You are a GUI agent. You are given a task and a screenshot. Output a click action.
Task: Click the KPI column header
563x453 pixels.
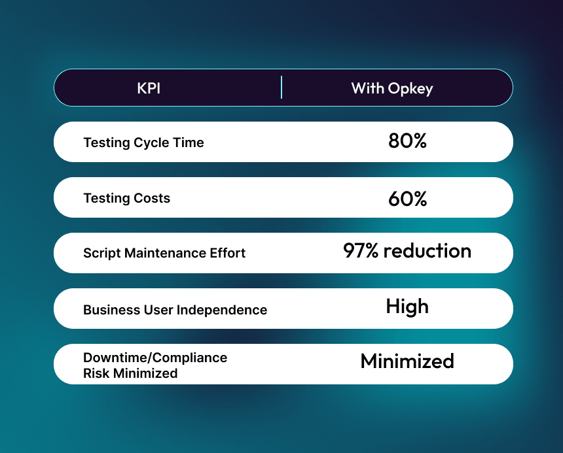pyautogui.click(x=149, y=88)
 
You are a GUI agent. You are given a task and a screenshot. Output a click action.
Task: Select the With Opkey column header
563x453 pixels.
pyautogui.click(x=392, y=88)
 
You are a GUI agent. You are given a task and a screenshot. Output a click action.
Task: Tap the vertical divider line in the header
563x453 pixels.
pyautogui.click(x=281, y=87)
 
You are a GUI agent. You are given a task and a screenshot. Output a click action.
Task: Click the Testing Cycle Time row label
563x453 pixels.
pyautogui.click(x=143, y=143)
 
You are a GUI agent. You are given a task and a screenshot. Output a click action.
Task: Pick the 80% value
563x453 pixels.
pyautogui.click(x=407, y=141)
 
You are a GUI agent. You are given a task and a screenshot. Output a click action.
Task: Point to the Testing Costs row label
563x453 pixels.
pyautogui.click(x=126, y=198)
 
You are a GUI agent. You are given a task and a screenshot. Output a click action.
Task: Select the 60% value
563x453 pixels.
pyautogui.click(x=407, y=197)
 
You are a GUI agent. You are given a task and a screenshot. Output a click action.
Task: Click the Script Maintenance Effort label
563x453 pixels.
pyautogui.click(x=164, y=253)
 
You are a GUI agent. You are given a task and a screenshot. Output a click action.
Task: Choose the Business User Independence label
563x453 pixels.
pyautogui.click(x=175, y=309)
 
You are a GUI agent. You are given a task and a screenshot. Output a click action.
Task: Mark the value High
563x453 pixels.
pyautogui.click(x=407, y=307)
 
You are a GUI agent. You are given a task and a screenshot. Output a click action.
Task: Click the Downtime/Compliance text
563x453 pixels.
pyautogui.click(x=155, y=358)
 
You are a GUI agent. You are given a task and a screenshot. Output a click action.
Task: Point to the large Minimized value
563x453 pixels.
pyautogui.click(x=407, y=361)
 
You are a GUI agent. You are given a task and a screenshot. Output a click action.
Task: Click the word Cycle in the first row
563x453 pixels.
pyautogui.click(x=151, y=143)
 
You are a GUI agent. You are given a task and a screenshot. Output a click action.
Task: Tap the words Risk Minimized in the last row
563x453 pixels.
pyautogui.click(x=130, y=373)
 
